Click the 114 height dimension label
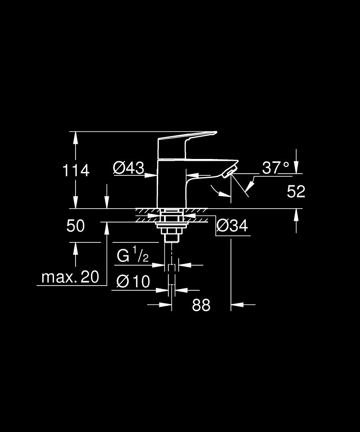76,170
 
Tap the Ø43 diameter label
129,168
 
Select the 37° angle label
275,168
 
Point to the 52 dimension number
296,191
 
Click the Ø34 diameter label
232,226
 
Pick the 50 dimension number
76,226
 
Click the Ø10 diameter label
133,281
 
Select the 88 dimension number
201,305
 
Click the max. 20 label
70,277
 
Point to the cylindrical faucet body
171,184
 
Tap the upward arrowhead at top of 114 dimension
76,138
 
